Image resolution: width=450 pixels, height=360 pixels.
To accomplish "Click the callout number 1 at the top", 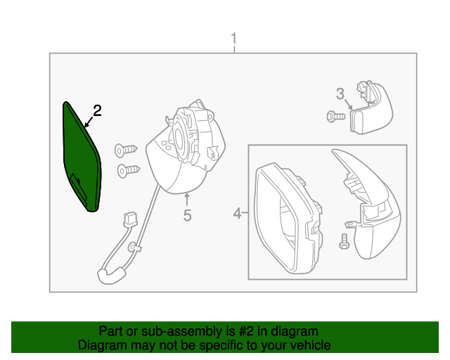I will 234,39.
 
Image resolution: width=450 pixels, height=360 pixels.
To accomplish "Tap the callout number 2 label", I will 97,110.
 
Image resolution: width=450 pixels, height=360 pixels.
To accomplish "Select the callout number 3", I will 340,94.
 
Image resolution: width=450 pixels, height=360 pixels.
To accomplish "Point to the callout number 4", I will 237,212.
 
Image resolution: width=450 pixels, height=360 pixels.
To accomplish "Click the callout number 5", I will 187,216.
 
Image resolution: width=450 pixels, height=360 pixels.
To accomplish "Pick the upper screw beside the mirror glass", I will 127,149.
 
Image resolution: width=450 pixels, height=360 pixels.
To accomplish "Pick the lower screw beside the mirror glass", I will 129,169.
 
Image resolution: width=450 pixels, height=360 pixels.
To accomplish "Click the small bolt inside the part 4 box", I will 344,240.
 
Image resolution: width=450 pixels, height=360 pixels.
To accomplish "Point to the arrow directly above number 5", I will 187,199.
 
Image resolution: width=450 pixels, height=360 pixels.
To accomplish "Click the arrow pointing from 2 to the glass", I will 89,122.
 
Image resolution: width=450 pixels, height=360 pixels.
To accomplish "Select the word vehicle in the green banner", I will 311,345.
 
